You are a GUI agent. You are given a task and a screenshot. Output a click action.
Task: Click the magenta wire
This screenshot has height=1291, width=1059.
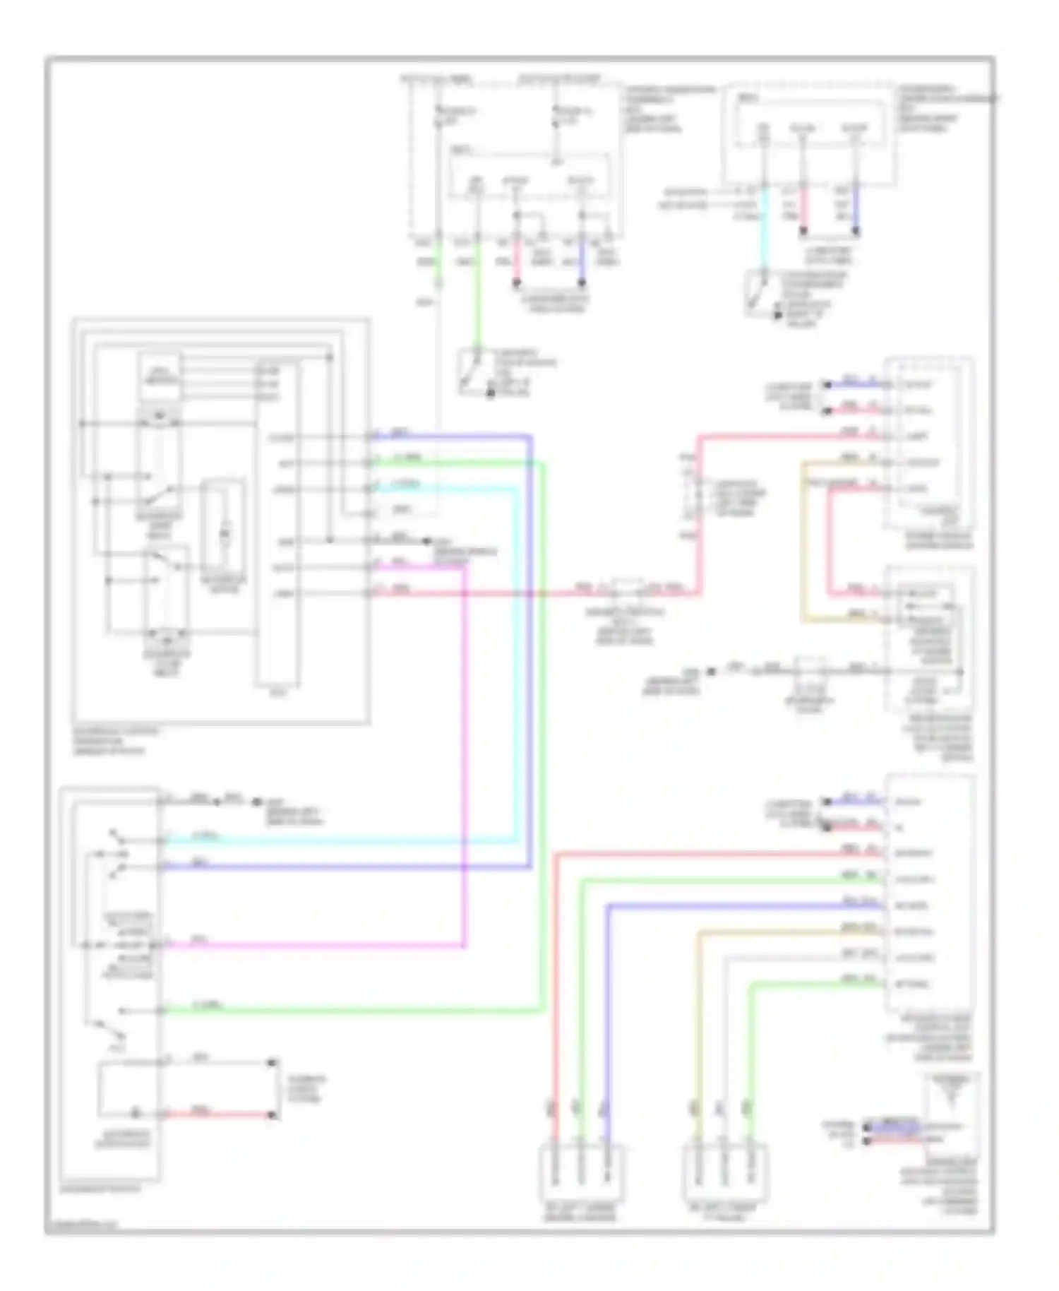[x=465, y=777]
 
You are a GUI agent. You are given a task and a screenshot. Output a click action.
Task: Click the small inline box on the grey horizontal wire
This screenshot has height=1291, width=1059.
[x=810, y=670]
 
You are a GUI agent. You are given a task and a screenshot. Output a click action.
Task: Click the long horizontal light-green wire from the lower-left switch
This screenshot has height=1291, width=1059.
[x=353, y=1011]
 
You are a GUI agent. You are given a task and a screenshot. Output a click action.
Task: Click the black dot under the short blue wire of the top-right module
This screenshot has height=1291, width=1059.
[x=856, y=231]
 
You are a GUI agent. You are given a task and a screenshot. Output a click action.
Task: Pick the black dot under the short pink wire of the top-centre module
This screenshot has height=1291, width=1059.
[x=517, y=283]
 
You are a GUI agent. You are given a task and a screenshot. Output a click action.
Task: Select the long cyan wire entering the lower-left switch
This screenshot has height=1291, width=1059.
[x=339, y=841]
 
